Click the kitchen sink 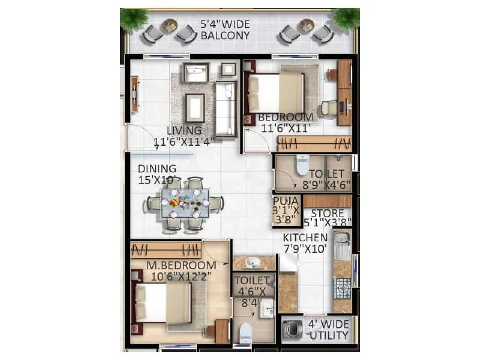(x=342, y=247)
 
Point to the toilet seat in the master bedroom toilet (x=245, y=332)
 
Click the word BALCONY (x=226, y=36)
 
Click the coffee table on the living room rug (x=194, y=107)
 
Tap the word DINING (x=157, y=169)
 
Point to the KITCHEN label (x=305, y=238)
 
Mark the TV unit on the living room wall (x=134, y=94)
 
